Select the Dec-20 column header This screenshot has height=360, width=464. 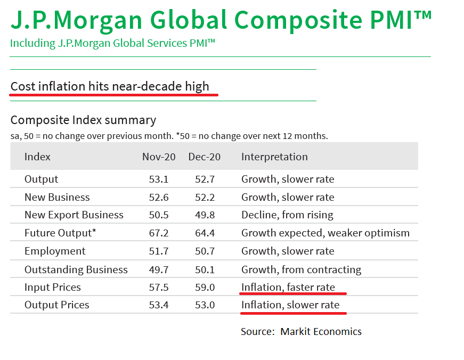(x=204, y=157)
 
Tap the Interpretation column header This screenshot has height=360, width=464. (x=274, y=157)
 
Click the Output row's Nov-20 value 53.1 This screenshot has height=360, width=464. (x=159, y=179)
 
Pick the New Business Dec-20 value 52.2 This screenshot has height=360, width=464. (x=204, y=197)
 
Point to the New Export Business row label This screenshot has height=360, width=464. (x=74, y=215)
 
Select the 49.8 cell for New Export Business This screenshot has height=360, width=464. (x=204, y=215)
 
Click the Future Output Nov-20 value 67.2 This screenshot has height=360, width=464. (x=159, y=233)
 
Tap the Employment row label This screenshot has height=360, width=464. (x=55, y=251)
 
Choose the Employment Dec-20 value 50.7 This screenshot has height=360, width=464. (x=204, y=251)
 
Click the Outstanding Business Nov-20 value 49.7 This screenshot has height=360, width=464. (x=159, y=269)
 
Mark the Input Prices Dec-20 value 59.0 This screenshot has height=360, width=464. (x=204, y=287)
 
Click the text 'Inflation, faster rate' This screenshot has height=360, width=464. (x=288, y=287)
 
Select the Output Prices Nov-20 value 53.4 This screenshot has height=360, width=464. (x=159, y=305)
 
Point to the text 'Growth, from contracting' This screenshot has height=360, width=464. (x=301, y=269)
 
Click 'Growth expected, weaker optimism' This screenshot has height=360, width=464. (x=325, y=233)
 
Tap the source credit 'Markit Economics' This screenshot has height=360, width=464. (x=321, y=331)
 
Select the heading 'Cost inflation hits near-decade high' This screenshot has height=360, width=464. (x=110, y=86)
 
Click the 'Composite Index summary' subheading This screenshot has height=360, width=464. (x=83, y=120)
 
